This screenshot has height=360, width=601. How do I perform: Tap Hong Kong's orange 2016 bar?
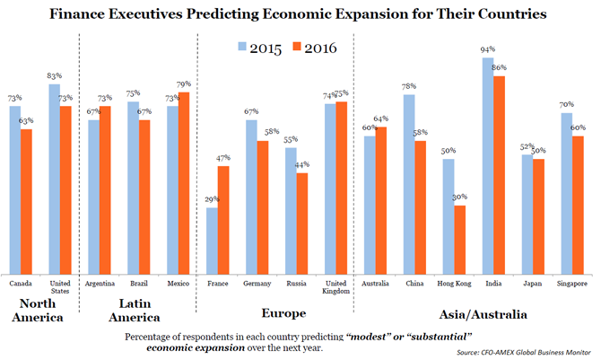pyautogui.click(x=459, y=240)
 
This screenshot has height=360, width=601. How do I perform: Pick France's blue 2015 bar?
pyautogui.click(x=212, y=241)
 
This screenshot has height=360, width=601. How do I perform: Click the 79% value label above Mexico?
pyautogui.click(x=185, y=85)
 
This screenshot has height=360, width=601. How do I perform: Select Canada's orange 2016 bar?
pyautogui.click(x=26, y=202)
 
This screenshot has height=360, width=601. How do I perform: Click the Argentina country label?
pyautogui.click(x=99, y=284)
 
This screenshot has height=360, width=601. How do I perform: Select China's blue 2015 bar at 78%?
pyautogui.click(x=408, y=184)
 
